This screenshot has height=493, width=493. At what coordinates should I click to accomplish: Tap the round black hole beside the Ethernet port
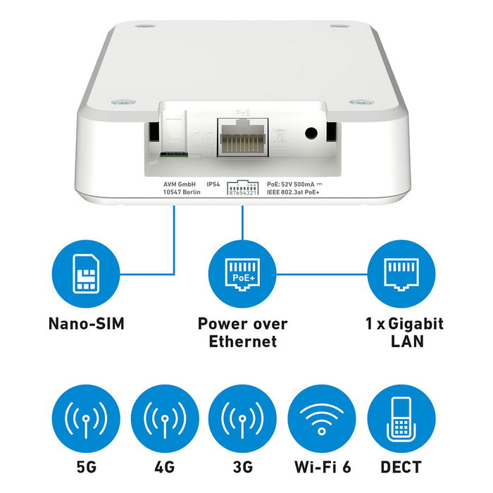tap(309, 132)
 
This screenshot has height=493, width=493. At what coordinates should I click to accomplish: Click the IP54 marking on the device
tap(213, 184)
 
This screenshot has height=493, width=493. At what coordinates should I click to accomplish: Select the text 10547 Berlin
tap(173, 192)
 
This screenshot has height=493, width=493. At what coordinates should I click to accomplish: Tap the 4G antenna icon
tap(163, 420)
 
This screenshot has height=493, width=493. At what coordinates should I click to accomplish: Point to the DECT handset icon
tap(401, 420)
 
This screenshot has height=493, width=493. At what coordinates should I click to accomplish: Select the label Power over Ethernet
tap(242, 333)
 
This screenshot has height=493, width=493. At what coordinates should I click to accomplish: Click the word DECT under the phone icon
tap(400, 467)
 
